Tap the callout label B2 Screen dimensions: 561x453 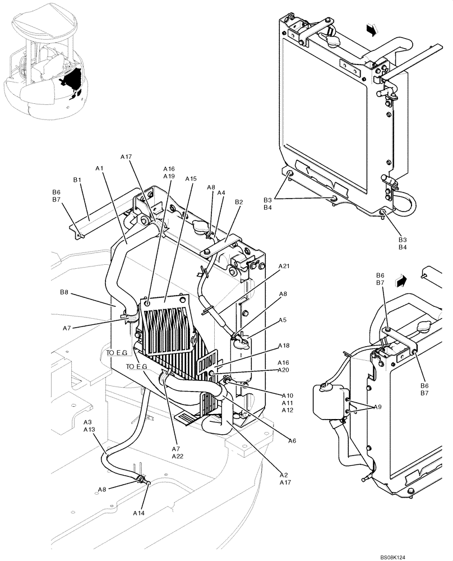pyautogui.click(x=239, y=202)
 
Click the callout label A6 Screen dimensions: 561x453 pyautogui.click(x=292, y=441)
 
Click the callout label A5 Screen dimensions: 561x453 pyautogui.click(x=283, y=320)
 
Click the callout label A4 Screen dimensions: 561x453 pyautogui.click(x=221, y=193)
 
